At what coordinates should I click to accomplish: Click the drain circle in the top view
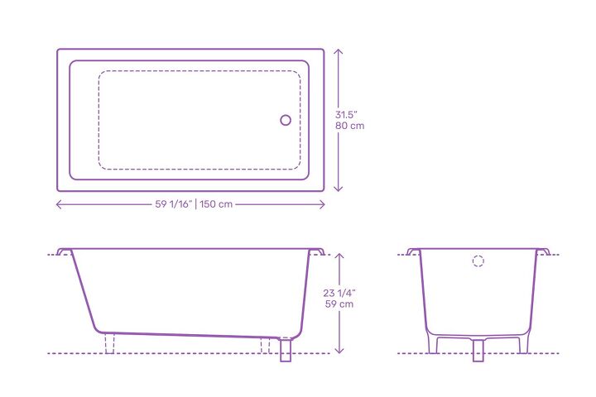pos(286,120)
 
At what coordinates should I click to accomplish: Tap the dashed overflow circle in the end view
pos(478,261)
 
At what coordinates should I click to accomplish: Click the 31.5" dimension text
pos(346,115)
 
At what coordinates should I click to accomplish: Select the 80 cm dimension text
pos(349,126)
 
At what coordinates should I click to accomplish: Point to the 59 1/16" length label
pos(174,204)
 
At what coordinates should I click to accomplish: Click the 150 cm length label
pos(216,204)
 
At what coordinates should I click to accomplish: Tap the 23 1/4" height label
pos(339,293)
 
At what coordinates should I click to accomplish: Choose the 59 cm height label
pos(339,304)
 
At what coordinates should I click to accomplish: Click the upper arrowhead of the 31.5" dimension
pos(339,52)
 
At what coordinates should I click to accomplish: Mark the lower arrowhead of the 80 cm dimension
pos(339,188)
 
